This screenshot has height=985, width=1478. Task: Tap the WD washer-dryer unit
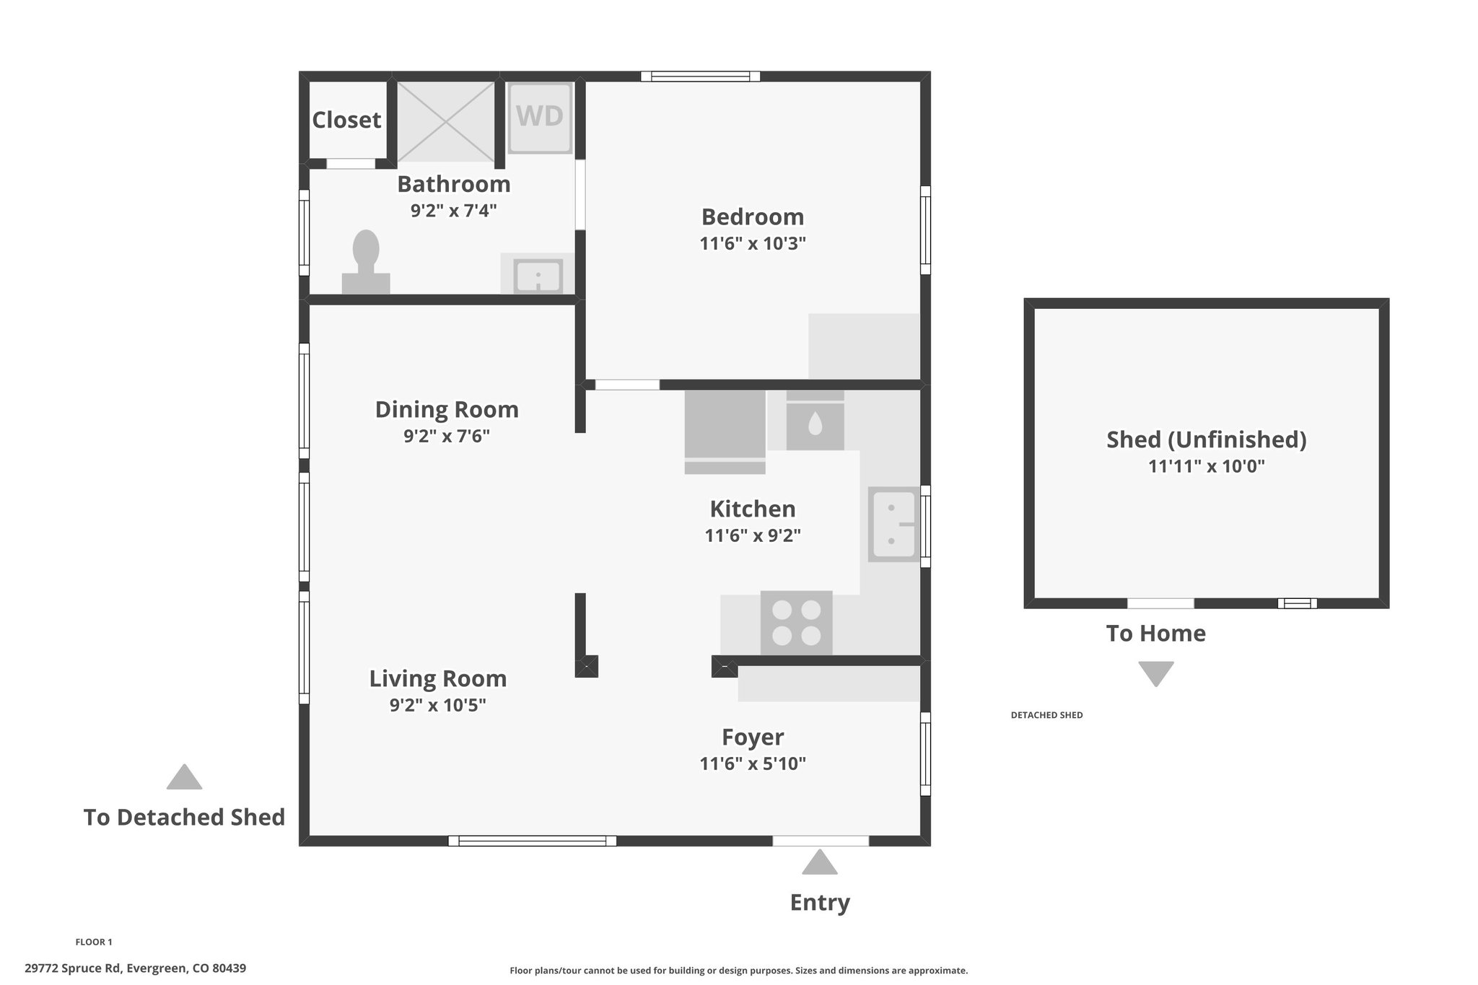pos(541,118)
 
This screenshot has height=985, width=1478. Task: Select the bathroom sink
pos(538,276)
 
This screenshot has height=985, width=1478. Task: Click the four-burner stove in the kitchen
pos(797,623)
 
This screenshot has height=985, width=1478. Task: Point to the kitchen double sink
pos(893,525)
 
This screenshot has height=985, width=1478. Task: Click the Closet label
pos(346,120)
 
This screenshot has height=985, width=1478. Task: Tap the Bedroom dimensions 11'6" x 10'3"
pos(753,243)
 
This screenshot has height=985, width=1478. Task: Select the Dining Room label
pos(447,409)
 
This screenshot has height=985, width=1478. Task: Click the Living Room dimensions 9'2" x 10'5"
pos(438,705)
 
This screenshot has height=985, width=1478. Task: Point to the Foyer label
pos(753,737)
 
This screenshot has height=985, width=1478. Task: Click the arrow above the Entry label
pos(820,862)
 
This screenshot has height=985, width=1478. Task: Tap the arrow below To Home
pos(1156,674)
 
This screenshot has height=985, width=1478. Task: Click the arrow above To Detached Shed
pos(184,776)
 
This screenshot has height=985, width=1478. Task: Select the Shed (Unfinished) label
pos(1207,439)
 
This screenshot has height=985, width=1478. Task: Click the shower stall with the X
pos(446,121)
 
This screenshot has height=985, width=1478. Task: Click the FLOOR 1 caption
pos(94,942)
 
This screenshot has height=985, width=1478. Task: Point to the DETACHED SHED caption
pos(1047,715)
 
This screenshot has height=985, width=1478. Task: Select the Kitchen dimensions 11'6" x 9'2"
pos(753,535)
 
